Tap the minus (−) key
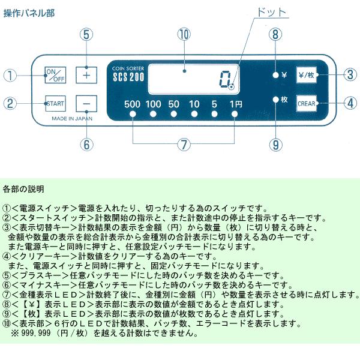(x=86, y=104)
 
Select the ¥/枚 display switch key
(x=305, y=76)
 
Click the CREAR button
(x=305, y=103)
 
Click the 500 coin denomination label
(x=133, y=104)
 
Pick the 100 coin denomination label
(x=154, y=104)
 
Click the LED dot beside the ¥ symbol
(x=275, y=76)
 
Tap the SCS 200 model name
(x=127, y=78)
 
